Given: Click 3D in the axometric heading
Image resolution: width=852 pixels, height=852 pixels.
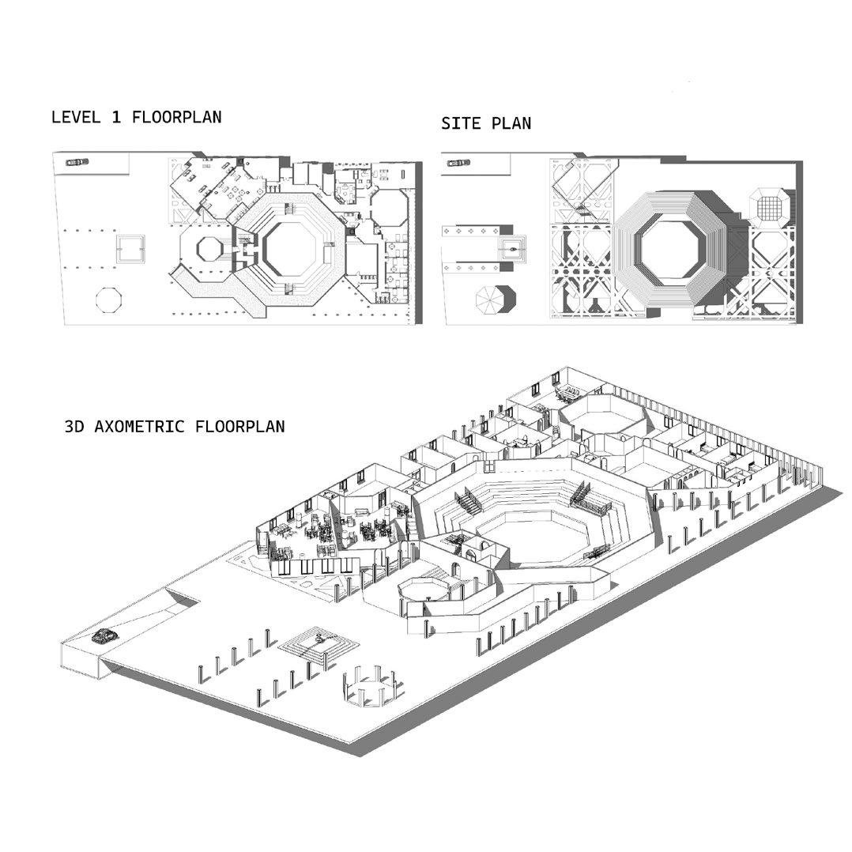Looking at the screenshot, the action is [74, 427].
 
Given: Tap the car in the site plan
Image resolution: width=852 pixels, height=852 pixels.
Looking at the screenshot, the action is [458, 164].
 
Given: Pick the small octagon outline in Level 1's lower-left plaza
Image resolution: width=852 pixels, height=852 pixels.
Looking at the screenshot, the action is [108, 300].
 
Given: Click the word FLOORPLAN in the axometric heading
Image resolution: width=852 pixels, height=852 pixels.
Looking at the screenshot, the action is [240, 427].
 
